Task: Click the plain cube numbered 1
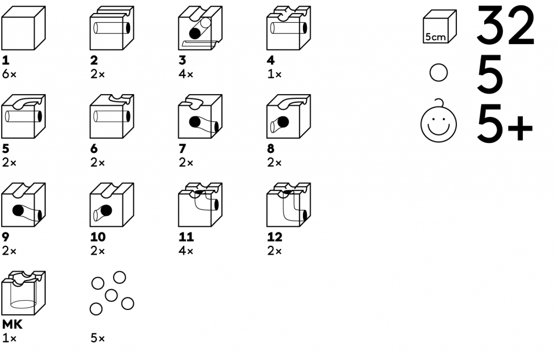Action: tap(24, 28)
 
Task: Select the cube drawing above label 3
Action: tap(200, 28)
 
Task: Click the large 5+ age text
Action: tap(504, 123)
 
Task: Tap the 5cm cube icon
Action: tap(440, 27)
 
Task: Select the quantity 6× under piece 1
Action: tap(9, 75)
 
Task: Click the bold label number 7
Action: tap(183, 148)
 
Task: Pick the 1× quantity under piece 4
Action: tap(274, 75)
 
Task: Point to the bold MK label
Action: tap(12, 325)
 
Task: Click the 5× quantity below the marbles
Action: tap(98, 339)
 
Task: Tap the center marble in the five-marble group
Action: tap(111, 295)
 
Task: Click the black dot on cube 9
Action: tap(18, 211)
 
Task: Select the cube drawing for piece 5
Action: tap(24, 116)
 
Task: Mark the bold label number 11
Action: tap(187, 237)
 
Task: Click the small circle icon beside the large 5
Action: tap(438, 73)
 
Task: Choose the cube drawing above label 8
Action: tap(288, 116)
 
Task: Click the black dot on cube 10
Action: tap(106, 211)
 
